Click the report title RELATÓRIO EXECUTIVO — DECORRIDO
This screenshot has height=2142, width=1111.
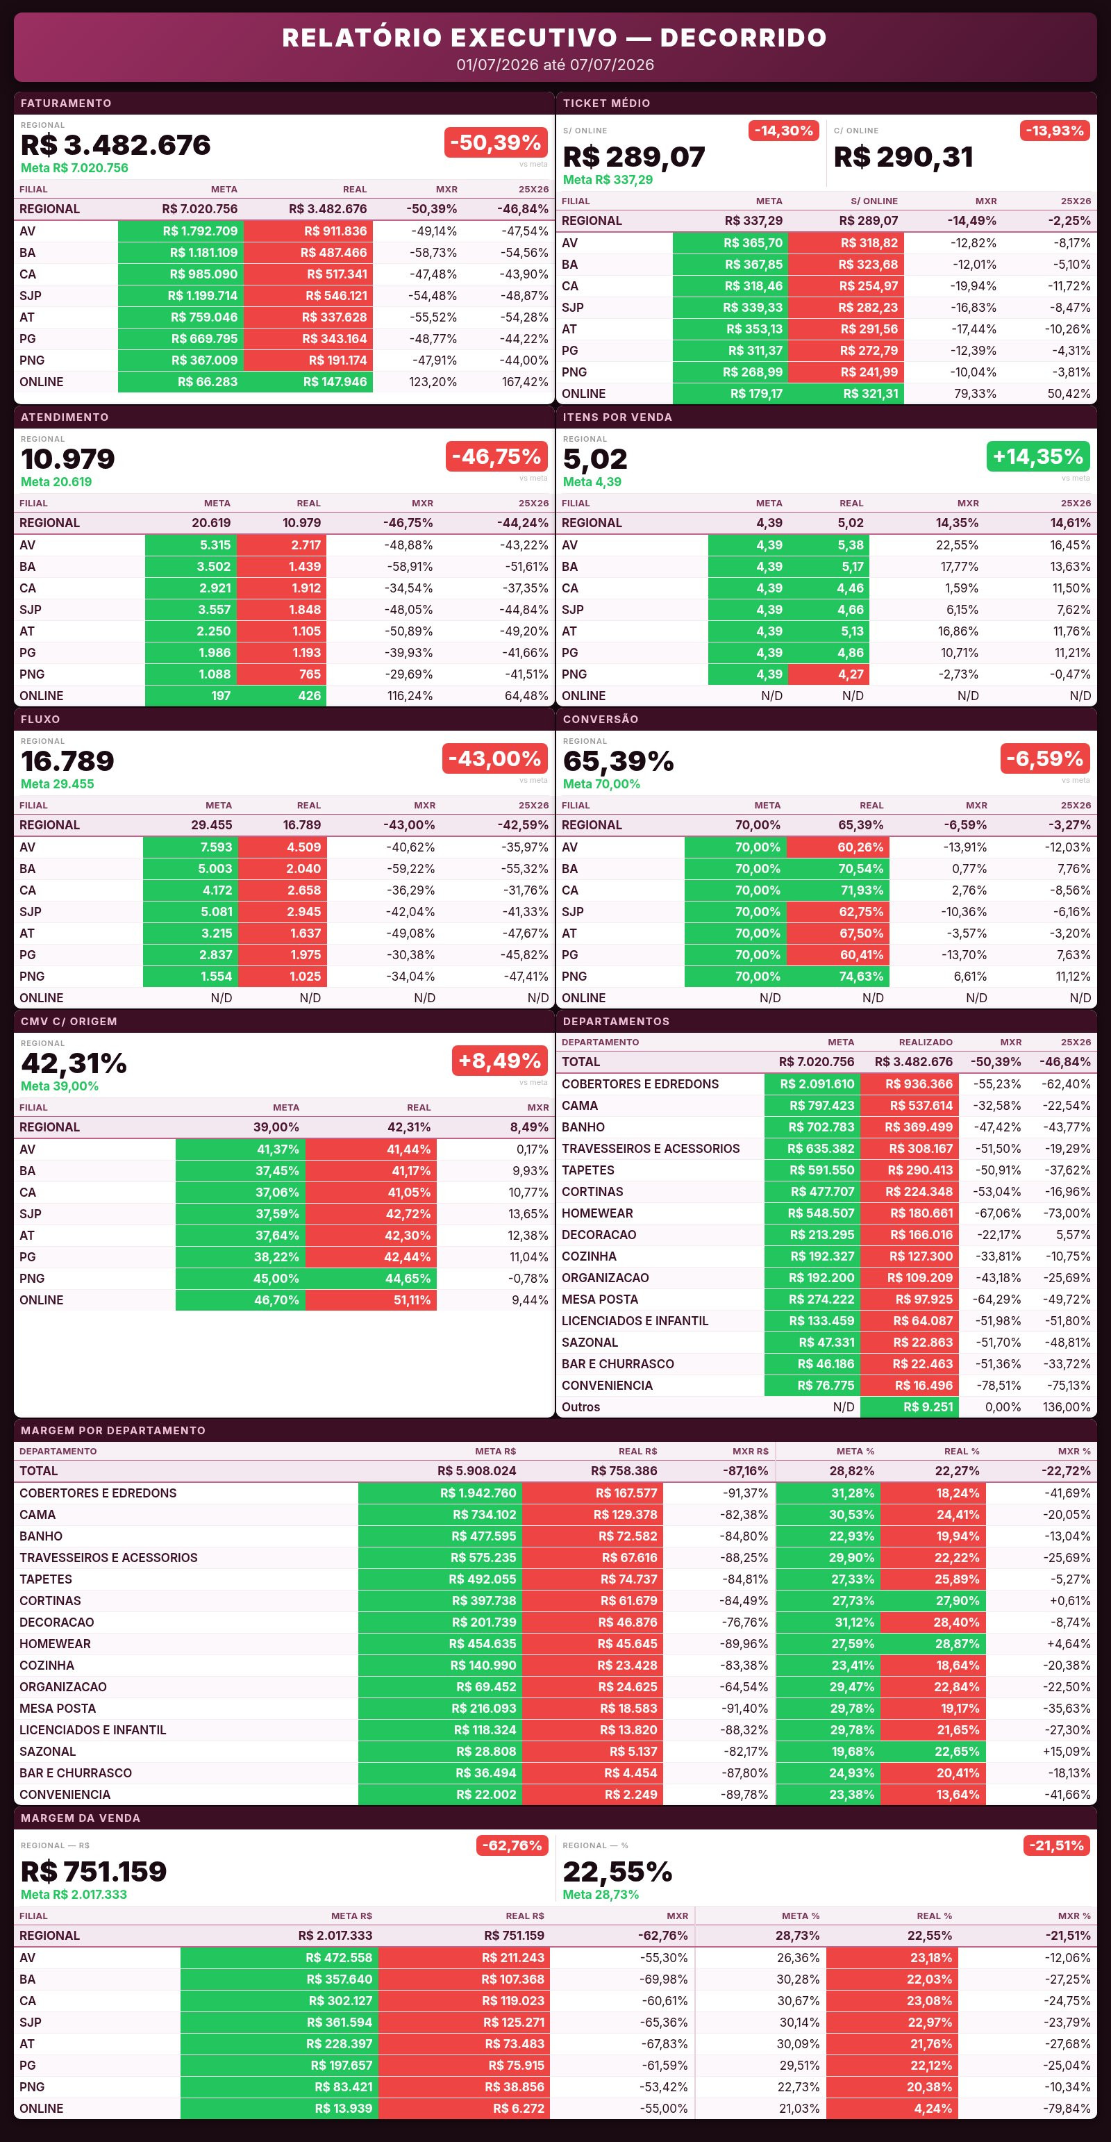[555, 38]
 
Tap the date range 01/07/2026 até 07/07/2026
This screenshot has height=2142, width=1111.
[555, 65]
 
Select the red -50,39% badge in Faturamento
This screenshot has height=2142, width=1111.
[496, 142]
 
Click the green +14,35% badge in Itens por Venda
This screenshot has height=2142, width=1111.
[1038, 456]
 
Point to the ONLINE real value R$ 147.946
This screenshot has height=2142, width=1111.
[334, 382]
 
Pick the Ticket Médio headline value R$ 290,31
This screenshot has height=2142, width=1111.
[903, 156]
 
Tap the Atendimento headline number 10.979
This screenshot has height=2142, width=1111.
[67, 459]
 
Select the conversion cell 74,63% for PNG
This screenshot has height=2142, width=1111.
[861, 977]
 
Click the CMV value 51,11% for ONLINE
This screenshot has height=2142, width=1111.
[412, 1300]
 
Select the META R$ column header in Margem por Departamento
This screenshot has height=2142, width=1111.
[496, 1451]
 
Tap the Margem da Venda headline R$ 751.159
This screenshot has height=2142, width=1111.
[93, 1872]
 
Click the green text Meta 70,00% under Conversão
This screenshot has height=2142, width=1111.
[601, 784]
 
